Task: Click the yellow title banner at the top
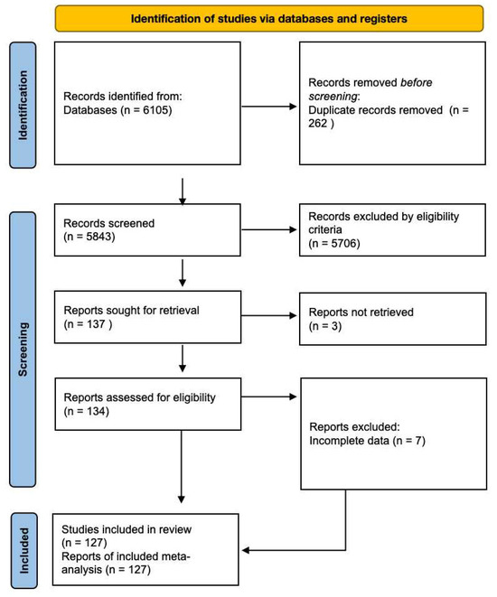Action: pos(268,18)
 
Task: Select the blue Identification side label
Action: pos(23,105)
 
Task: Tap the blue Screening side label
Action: pos(23,349)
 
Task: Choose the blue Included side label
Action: pos(23,551)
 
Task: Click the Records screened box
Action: pos(148,229)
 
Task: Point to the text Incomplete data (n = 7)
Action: pos(366,440)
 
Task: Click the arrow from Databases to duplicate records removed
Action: pos(269,107)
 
